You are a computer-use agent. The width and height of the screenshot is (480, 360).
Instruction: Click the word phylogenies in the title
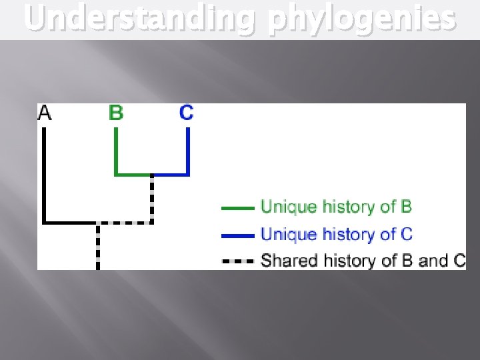[361, 19]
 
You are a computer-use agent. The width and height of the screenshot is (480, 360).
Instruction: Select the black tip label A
[45, 113]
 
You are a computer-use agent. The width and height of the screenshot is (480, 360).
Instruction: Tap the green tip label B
[116, 113]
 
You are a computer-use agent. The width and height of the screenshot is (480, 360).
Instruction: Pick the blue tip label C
[187, 113]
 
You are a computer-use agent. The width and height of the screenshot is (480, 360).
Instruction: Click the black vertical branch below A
[44, 173]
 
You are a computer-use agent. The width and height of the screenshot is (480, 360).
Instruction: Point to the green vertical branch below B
[116, 151]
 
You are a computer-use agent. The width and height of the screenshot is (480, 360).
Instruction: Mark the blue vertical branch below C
[188, 151]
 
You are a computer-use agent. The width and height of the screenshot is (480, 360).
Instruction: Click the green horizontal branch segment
[133, 175]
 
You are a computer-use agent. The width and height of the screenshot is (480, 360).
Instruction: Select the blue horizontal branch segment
[171, 175]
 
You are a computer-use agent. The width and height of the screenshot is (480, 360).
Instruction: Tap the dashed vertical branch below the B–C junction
[152, 198]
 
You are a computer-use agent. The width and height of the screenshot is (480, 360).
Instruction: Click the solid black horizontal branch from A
[71, 222]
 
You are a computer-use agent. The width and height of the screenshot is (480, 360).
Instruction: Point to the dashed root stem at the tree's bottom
[98, 247]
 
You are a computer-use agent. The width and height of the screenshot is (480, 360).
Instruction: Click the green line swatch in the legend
[237, 208]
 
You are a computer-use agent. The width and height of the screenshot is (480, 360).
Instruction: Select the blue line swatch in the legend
[237, 235]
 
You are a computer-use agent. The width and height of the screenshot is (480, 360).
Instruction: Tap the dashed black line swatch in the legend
[237, 261]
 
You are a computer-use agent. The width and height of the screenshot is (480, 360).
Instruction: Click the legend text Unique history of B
[336, 207]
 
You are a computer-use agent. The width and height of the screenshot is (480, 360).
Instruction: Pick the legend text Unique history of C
[336, 234]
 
